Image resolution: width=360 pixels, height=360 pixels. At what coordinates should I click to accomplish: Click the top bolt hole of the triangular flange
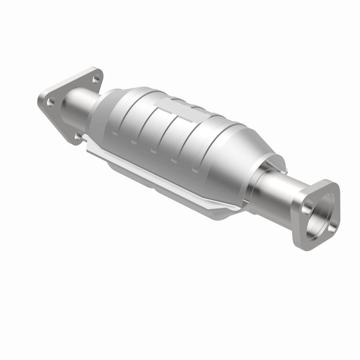pyautogui.click(x=95, y=79)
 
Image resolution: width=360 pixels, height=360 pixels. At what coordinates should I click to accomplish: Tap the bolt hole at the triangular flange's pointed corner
pyautogui.click(x=50, y=102)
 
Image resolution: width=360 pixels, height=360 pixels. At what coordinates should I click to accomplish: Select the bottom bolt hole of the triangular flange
pyautogui.click(x=78, y=135)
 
